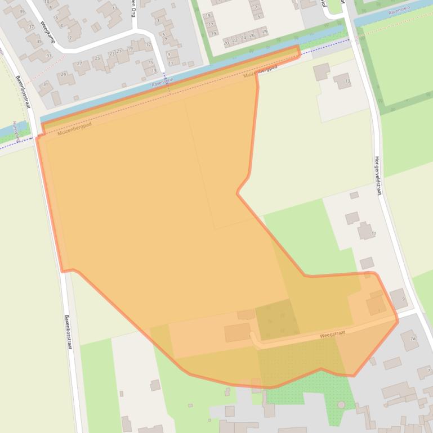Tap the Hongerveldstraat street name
(377, 175)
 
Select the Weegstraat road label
(332, 334)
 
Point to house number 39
(22, 11)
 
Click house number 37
(30, 26)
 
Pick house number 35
(39, 41)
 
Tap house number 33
(48, 56)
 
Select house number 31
(46, 84)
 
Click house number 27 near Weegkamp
(79, 64)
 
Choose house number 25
(97, 58)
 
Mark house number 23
(111, 53)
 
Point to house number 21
(119, 51)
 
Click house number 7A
(413, 339)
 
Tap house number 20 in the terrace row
(226, 43)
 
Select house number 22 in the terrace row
(235, 40)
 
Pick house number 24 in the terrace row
(243, 38)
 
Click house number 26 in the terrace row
(252, 35)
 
